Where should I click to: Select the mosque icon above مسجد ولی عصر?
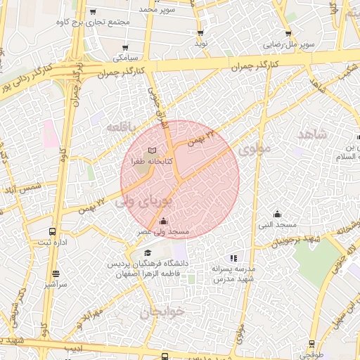pos(163,222)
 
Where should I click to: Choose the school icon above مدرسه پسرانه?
pos(233,258)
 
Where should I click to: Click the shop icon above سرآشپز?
pos(56,274)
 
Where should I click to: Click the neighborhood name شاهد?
pos(312,134)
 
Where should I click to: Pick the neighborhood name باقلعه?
pos(124,127)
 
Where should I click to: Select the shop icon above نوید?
pos(201,33)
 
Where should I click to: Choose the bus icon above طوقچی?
pos(311,345)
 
